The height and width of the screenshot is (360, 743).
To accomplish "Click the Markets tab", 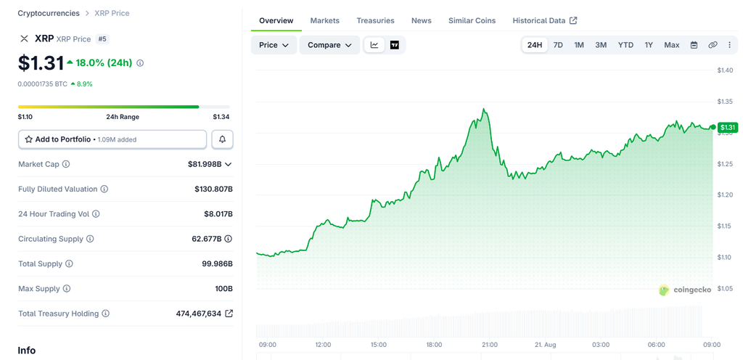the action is tap(324, 20).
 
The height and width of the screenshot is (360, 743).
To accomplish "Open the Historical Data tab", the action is tap(544, 20).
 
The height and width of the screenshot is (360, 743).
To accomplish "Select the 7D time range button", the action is tap(558, 45).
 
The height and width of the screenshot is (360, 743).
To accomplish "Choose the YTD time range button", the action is tap(625, 45).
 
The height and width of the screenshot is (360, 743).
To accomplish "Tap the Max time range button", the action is tap(671, 45).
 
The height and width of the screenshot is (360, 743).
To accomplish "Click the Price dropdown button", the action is tap(274, 45).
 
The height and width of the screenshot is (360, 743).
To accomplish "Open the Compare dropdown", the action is tap(329, 45).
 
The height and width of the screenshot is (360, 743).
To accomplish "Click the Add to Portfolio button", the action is tap(112, 139).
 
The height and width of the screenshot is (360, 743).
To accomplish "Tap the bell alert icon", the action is tap(222, 139).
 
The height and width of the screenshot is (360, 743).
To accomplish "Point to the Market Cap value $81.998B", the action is tap(205, 164).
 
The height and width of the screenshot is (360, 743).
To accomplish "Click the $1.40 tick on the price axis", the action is tap(725, 70).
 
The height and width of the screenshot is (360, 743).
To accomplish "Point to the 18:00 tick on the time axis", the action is tap(434, 344).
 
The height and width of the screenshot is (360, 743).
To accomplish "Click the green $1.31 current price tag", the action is tap(727, 127).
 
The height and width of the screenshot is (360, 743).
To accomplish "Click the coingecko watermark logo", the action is tap(685, 290).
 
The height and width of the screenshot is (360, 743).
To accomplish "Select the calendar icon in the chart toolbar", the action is tap(694, 45).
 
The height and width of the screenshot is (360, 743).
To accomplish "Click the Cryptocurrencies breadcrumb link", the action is tap(49, 13).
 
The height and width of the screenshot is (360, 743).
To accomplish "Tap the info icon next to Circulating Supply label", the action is tap(90, 239).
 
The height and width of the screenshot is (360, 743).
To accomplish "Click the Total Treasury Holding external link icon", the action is tap(229, 313).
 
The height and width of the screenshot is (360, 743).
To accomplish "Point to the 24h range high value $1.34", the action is tap(221, 117).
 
